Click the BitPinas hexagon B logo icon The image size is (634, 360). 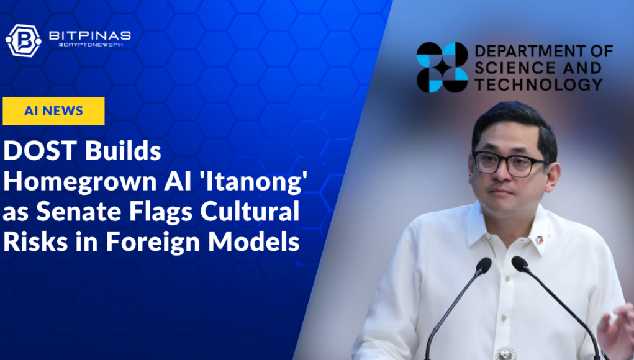(x=24, y=40)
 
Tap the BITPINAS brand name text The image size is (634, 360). (x=90, y=35)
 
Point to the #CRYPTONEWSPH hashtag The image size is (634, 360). (x=91, y=45)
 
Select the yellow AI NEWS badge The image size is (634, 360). (x=53, y=110)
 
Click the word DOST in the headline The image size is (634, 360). (x=40, y=151)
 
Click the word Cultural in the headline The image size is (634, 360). (x=250, y=212)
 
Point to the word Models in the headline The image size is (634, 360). (x=254, y=242)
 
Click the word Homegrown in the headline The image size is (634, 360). (x=80, y=182)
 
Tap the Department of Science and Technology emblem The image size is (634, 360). (x=442, y=67)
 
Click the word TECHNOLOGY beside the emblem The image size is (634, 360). (x=539, y=84)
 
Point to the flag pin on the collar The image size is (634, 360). (x=540, y=240)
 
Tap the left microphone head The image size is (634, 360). (x=483, y=266)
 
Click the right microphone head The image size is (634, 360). (x=520, y=264)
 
